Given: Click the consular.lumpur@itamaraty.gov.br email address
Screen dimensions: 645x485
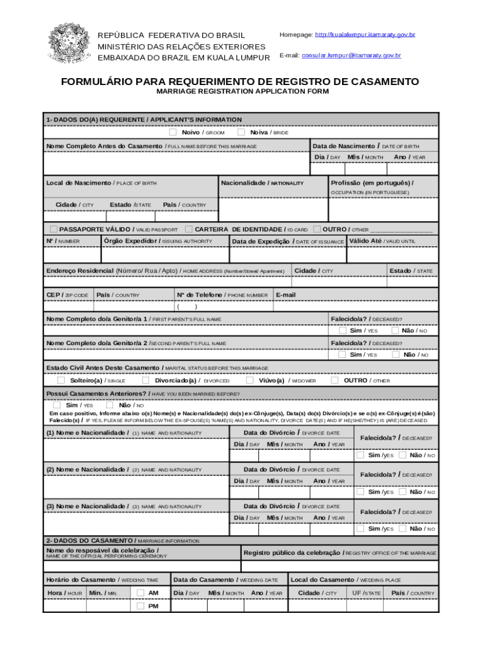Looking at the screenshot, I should point(351,55).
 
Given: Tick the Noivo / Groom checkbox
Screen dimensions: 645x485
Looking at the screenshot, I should point(173,132).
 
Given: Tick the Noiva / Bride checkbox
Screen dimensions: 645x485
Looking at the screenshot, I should point(241,132).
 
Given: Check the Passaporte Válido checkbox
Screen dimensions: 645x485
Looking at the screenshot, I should point(54,229).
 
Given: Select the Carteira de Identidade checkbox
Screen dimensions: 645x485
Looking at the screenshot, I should point(188,229).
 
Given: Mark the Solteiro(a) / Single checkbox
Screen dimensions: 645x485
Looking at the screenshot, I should point(61,380).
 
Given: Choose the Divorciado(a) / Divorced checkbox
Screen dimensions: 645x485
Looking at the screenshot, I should point(145,380).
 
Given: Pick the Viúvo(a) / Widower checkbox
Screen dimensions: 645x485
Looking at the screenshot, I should point(250,380).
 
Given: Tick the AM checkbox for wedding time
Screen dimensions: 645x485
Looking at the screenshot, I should point(140,592).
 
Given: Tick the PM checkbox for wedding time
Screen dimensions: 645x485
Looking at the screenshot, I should point(140,606).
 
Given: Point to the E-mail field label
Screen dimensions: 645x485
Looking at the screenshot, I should point(285,295).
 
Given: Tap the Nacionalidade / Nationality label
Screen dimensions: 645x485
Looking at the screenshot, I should point(263,183).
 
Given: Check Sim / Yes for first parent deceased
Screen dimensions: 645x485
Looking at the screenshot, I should point(343,330).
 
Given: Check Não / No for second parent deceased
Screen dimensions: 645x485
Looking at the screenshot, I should point(395,354).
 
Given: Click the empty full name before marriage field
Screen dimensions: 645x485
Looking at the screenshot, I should point(177,163).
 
